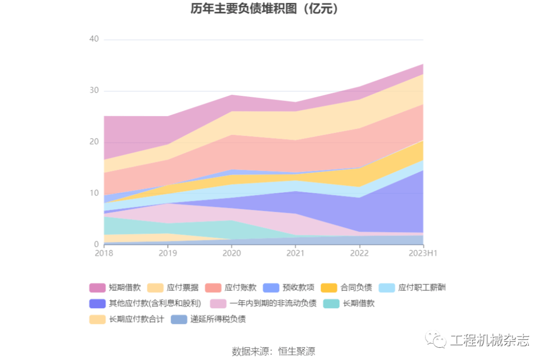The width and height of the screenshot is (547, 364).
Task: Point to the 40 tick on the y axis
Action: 94,39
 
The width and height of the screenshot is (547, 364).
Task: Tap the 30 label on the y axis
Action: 94,91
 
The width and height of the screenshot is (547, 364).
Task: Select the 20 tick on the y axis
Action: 94,142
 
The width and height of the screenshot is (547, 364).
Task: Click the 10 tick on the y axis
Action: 94,193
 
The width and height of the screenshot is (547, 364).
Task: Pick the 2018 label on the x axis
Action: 104,253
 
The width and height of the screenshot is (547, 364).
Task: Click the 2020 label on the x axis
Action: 231,253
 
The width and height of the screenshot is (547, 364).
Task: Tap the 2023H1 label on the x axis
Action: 423,253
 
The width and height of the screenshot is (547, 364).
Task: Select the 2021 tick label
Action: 295,253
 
